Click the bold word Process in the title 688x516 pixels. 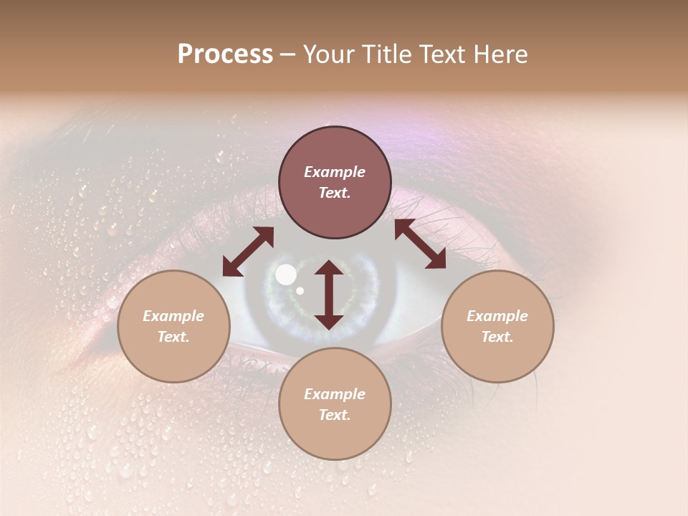(x=225, y=54)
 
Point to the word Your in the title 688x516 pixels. (x=327, y=54)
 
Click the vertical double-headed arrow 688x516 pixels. (x=329, y=295)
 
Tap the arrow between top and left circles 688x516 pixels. (x=248, y=251)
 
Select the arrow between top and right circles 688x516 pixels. (x=420, y=244)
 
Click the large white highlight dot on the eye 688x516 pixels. (x=286, y=274)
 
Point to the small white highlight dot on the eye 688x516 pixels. (x=300, y=290)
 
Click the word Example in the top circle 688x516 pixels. (x=335, y=172)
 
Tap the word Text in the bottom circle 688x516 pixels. (x=335, y=415)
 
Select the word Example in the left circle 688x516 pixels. (x=173, y=316)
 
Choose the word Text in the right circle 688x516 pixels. (x=497, y=337)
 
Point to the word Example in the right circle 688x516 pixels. (x=497, y=316)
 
